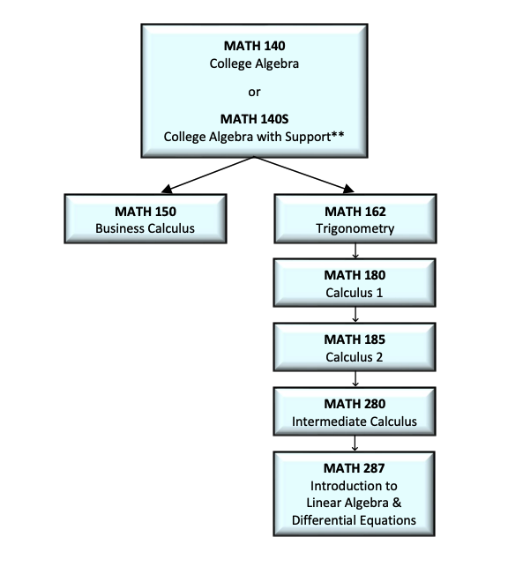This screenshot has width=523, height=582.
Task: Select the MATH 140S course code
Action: [x=254, y=118]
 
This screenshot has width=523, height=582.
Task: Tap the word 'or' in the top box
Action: [x=254, y=91]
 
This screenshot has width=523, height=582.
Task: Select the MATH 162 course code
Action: [x=355, y=212]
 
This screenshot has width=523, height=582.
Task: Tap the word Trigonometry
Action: [x=355, y=229]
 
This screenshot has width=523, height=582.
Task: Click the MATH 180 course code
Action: [x=355, y=275]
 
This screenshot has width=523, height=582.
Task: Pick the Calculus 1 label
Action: [x=355, y=293]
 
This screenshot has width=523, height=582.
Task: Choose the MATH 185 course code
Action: [x=355, y=339]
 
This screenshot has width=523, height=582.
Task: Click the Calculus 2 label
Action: [x=355, y=357]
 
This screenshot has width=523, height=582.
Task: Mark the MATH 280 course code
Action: [x=355, y=404]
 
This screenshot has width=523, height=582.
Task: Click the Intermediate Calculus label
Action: [x=355, y=422]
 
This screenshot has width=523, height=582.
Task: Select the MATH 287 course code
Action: [x=355, y=468]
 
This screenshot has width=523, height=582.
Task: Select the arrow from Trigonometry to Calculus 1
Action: [x=355, y=251]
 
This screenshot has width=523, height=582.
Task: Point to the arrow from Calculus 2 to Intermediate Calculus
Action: [x=355, y=379]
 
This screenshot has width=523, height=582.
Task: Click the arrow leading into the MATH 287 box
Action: [x=355, y=444]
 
